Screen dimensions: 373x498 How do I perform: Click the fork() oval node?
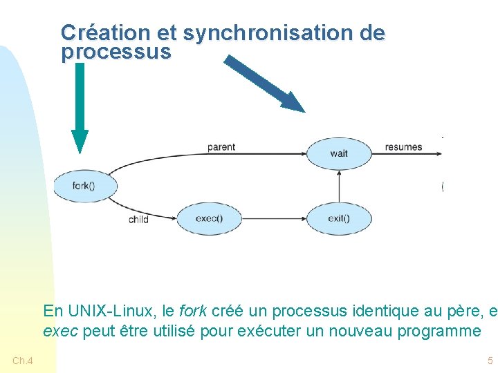[84, 185]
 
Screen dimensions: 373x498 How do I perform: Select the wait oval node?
[339, 153]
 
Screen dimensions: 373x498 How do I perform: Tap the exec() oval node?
[209, 219]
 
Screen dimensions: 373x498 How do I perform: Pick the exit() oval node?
[339, 219]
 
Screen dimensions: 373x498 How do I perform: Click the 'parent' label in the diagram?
[221, 147]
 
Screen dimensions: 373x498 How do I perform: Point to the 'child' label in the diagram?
[138, 219]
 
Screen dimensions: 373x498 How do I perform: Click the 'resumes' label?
[403, 147]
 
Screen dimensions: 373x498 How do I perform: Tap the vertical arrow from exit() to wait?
[339, 186]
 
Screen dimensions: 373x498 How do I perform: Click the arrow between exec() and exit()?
[274, 219]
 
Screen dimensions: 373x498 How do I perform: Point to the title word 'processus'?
[116, 52]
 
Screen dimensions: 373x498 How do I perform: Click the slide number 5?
[490, 361]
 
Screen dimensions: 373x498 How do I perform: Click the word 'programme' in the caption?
[439, 331]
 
